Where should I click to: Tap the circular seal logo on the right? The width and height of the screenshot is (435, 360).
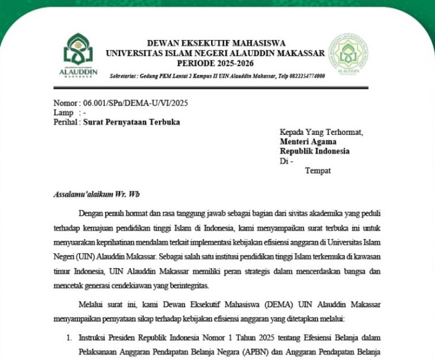click(x=350, y=55)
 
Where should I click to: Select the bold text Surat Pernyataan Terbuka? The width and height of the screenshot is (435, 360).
click(x=131, y=122)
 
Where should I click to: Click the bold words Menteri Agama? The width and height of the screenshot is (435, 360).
click(x=308, y=142)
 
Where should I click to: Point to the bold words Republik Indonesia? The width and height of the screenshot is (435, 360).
click(x=314, y=151)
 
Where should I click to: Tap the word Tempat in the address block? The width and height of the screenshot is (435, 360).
click(x=318, y=171)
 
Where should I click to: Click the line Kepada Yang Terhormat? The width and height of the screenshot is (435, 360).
click(x=321, y=132)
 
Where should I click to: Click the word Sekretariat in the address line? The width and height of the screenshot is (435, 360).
click(x=123, y=76)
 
